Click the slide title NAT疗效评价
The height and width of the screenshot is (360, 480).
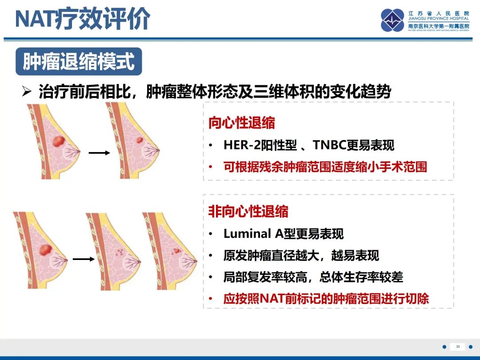coord(83,19)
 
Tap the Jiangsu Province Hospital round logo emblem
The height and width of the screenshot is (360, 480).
coord(393,20)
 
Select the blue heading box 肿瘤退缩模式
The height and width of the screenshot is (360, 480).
coord(79,62)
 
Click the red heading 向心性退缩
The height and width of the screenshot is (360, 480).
coord(242,123)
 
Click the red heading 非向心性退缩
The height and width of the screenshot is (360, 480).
coord(248,211)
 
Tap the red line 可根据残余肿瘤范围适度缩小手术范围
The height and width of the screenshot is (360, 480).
coord(325,167)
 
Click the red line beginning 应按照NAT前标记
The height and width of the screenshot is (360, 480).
coord(326,299)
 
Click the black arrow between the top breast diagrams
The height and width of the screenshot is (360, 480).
coord(99,153)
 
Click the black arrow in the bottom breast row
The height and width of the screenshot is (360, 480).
coord(84,258)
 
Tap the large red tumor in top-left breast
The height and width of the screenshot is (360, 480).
coord(58,142)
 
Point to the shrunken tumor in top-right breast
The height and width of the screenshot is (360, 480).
coord(139,140)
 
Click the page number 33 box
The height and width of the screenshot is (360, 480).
coord(457,347)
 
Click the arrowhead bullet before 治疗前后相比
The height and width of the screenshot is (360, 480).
coord(27,92)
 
